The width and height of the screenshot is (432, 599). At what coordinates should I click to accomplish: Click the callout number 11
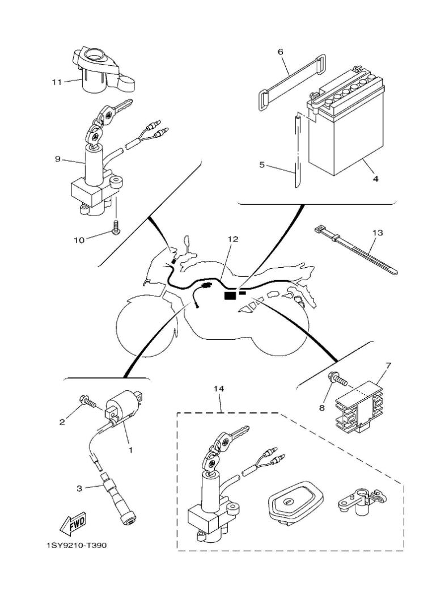[x=56, y=82]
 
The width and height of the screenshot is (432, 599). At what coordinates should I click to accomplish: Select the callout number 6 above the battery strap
[x=279, y=52]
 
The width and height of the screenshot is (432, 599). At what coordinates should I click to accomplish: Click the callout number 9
[x=57, y=159]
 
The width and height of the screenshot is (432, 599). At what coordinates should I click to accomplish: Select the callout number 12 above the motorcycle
[x=233, y=239]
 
